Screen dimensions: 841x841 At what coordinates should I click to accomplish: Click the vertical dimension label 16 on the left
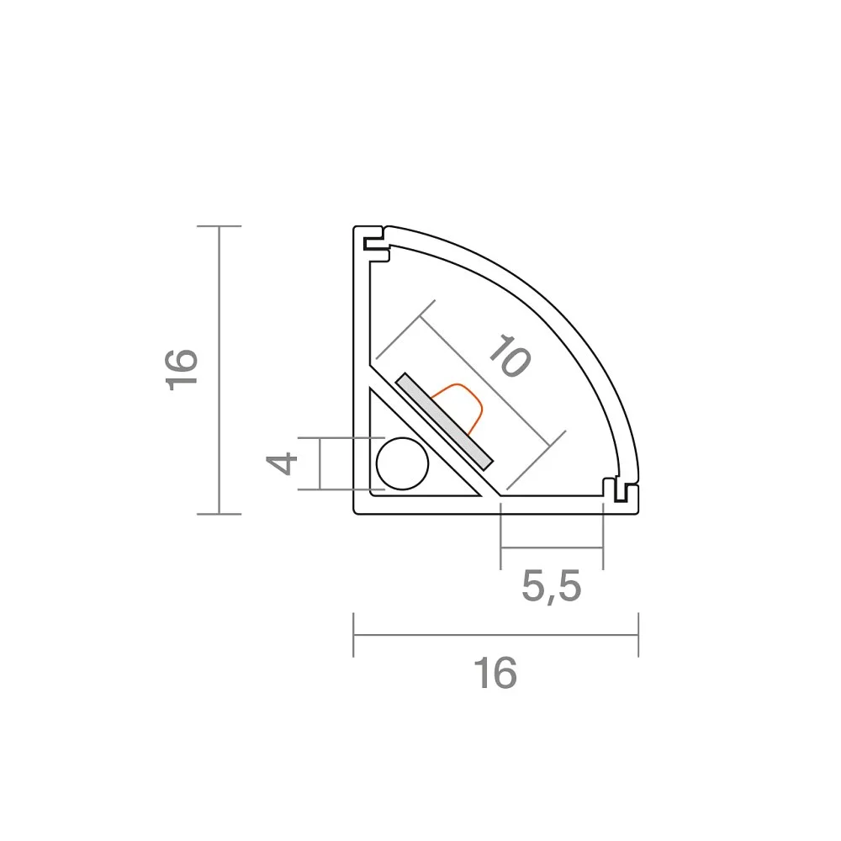(x=182, y=369)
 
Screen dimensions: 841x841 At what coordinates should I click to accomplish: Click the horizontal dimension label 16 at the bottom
(x=495, y=673)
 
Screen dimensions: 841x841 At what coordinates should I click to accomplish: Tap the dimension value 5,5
(x=552, y=587)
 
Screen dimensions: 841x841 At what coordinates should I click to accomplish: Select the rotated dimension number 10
(x=510, y=356)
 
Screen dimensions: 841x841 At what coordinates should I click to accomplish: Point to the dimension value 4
(x=282, y=463)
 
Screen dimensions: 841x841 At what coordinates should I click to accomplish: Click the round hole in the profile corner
(x=402, y=464)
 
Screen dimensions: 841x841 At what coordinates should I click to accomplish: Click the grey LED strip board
(x=444, y=421)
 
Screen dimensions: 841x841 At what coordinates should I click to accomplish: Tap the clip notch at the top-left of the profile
(x=376, y=244)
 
